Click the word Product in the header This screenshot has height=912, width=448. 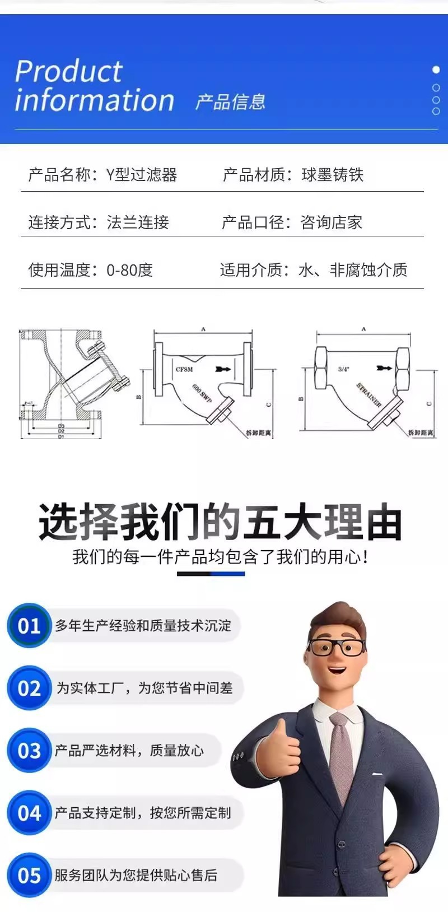click(68, 72)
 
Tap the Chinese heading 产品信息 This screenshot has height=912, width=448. click(230, 102)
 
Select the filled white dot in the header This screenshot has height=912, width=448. click(436, 70)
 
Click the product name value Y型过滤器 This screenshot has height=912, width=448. click(142, 175)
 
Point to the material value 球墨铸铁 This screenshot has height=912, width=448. click(332, 175)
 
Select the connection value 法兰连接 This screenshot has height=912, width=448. click(138, 222)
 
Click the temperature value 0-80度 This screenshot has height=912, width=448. click(129, 270)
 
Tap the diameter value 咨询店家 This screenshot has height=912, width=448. click(331, 222)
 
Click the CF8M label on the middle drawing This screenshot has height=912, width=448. click(184, 369)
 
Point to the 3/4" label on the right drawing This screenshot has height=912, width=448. click(343, 369)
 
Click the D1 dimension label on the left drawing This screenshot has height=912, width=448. click(61, 436)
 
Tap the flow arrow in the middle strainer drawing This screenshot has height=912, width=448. click(222, 370)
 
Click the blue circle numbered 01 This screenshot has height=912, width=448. click(29, 625)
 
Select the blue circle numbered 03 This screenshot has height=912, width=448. click(29, 750)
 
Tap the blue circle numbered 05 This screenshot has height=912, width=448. click(29, 875)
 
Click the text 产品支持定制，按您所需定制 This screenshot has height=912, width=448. click(142, 813)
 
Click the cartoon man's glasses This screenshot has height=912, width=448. click(335, 648)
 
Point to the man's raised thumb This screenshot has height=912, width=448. click(279, 728)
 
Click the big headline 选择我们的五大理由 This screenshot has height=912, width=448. click(220, 522)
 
